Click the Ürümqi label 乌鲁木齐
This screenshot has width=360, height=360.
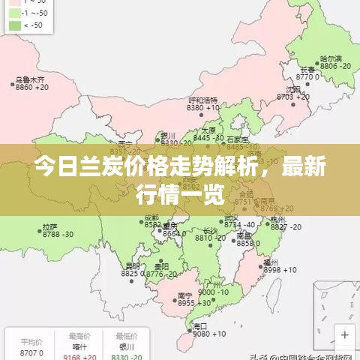(x=30, y=79)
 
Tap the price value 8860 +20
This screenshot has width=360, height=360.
(x=31, y=88)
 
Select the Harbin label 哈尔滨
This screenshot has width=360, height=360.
(x=330, y=58)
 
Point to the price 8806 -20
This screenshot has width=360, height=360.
(x=334, y=66)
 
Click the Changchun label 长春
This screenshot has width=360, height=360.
(x=309, y=68)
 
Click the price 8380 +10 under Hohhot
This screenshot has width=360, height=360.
(x=201, y=108)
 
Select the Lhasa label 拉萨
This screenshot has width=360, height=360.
(x=49, y=226)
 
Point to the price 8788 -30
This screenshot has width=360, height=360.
(x=57, y=235)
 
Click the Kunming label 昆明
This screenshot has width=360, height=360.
(x=132, y=265)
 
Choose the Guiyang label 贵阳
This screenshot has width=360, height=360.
(x=161, y=265)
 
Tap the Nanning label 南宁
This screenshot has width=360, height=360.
(x=184, y=295)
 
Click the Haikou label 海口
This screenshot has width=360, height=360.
(x=199, y=326)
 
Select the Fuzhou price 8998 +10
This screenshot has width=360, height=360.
(x=280, y=270)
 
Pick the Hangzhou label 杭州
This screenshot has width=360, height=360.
(x=278, y=219)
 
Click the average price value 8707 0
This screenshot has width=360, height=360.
(x=31, y=352)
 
